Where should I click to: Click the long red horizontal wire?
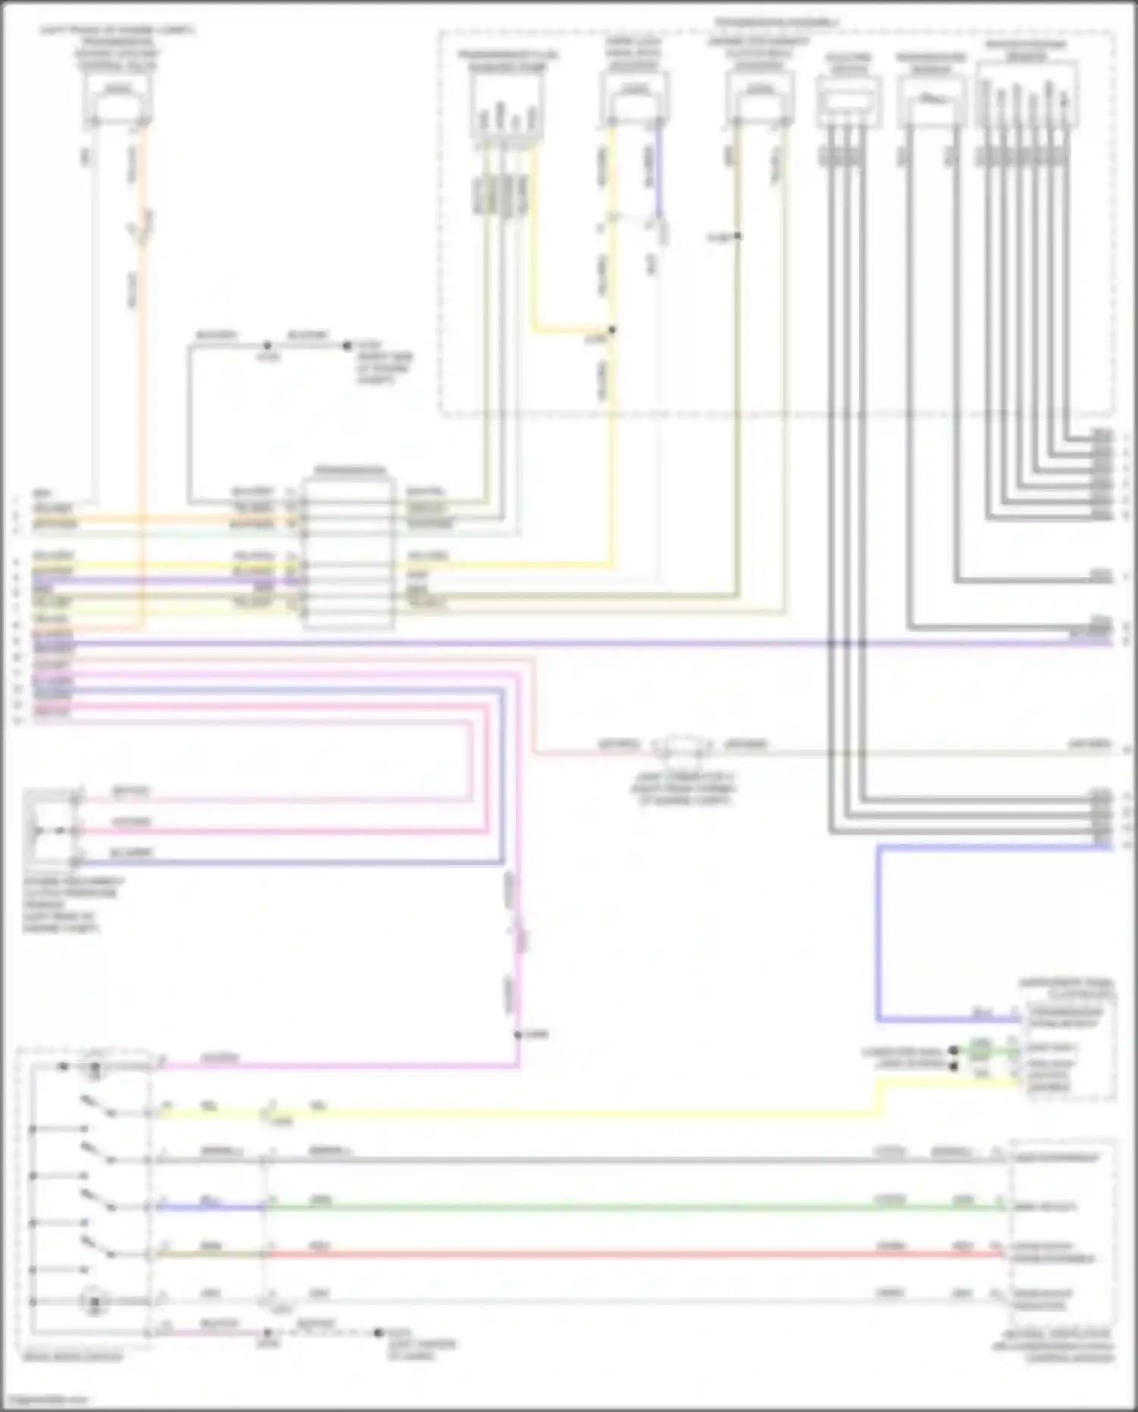[x=607, y=1255]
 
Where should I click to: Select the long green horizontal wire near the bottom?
[x=607, y=1207]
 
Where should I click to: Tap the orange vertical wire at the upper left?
[x=142, y=379]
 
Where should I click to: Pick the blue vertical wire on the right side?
[x=879, y=933]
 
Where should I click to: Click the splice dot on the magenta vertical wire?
[x=517, y=1035]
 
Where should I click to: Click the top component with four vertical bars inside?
[x=507, y=106]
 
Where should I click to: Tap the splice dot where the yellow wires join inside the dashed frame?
[x=611, y=330]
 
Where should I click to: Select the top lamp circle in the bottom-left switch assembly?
[x=95, y=1068]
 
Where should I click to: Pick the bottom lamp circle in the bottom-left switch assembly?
[x=95, y=1302]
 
